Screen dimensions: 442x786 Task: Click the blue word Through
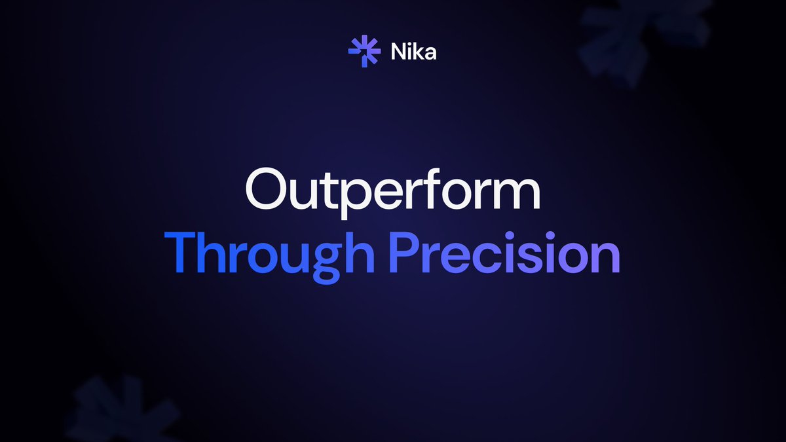(269, 253)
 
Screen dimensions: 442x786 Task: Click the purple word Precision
(504, 253)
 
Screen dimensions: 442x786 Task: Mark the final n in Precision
(605, 257)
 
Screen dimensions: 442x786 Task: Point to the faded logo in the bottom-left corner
(121, 409)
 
